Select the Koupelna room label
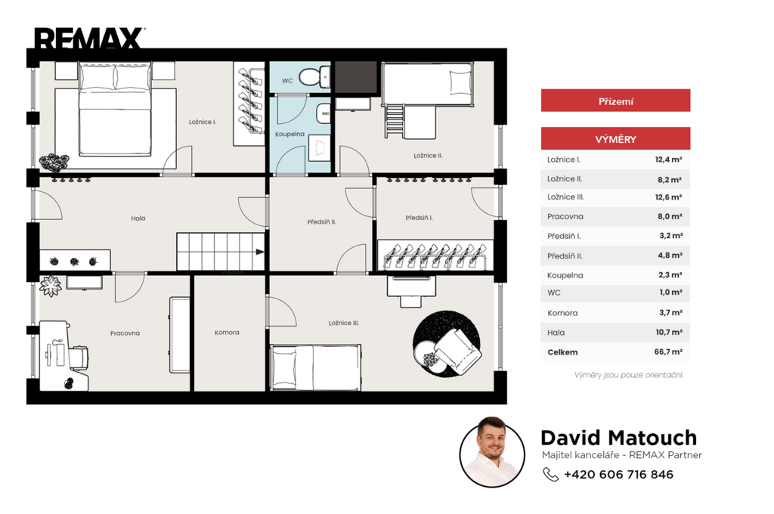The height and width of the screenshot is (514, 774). coord(289,134)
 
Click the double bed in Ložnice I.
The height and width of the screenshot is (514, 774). coord(115,109)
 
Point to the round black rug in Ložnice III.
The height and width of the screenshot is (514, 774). coord(446,344)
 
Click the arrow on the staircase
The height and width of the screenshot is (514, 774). coord(260,252)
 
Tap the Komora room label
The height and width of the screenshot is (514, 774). coord(227,333)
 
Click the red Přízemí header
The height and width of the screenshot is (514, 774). coord(615,101)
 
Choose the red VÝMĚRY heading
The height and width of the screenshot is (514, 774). coord(615,139)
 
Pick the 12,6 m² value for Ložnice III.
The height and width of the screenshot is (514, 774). coord(668,197)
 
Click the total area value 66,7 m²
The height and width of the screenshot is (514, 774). coord(668,352)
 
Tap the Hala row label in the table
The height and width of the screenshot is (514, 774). coord(556,333)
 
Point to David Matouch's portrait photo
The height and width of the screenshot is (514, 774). coord(492,452)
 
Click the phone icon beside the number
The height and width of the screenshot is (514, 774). coord(550,474)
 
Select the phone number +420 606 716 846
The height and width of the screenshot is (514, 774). coord(618,475)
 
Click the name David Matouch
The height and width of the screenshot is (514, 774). coord(619,438)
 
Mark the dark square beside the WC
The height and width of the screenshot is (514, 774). coord(357,77)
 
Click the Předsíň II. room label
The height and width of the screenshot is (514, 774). coord(321,222)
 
